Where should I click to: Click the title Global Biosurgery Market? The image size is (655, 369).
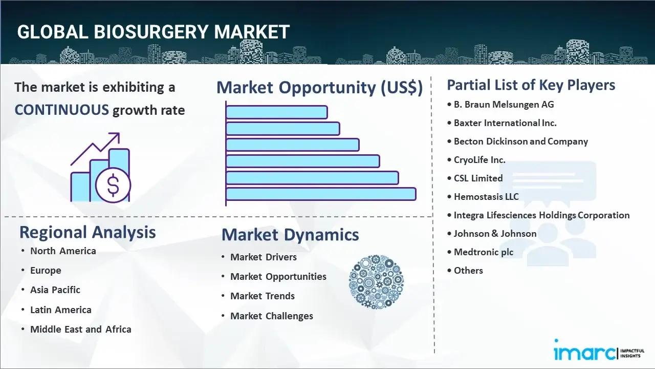[153, 32]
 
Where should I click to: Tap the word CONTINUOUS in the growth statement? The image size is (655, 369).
[61, 110]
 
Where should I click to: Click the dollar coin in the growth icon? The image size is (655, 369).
[113, 186]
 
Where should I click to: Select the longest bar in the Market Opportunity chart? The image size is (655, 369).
[321, 194]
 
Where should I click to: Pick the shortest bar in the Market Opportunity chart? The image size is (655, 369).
[276, 112]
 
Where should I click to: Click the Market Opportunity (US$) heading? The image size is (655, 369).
[319, 88]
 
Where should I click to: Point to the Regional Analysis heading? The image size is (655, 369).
[88, 232]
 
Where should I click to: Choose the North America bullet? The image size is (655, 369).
[63, 251]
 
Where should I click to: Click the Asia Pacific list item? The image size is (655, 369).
[55, 290]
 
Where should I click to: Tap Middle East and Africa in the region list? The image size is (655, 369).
[80, 330]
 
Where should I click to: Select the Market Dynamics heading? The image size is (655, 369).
[290, 235]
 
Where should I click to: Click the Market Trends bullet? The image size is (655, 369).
[262, 296]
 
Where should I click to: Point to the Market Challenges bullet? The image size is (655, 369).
[271, 316]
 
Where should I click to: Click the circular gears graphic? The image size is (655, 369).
[376, 282]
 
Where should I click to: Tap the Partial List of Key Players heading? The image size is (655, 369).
[531, 85]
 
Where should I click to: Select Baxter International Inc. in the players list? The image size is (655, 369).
[505, 123]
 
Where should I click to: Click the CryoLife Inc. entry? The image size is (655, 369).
[479, 160]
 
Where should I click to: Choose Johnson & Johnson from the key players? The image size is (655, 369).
[495, 234]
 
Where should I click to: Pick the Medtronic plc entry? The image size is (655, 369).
[484, 252]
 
